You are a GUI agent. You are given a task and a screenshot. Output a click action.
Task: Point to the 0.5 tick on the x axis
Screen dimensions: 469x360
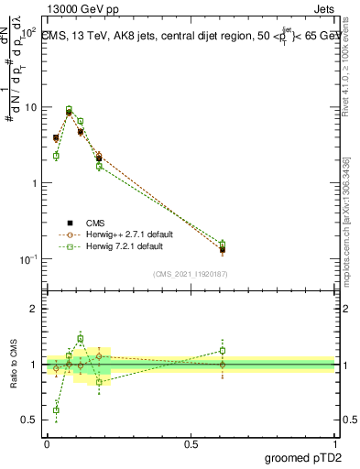191,443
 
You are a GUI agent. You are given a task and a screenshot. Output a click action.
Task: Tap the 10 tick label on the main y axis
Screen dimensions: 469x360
30,107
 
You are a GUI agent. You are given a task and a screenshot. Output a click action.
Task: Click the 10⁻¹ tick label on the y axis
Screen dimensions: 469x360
28,259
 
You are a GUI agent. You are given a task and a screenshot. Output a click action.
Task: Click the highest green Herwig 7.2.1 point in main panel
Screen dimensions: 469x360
69,109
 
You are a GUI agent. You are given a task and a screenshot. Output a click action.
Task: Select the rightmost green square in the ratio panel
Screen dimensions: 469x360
223,350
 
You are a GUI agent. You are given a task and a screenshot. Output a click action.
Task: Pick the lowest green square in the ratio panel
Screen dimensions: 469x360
56,410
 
